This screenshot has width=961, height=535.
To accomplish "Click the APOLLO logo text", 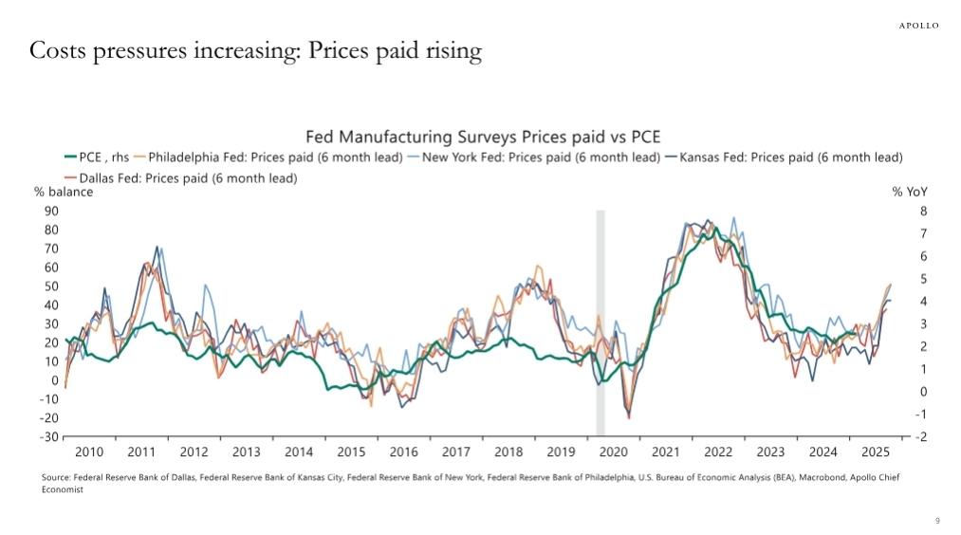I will click(x=918, y=26).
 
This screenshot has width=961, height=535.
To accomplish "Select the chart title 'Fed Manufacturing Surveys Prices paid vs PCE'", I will click(x=483, y=137).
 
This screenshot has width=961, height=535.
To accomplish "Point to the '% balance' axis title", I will click(x=64, y=193).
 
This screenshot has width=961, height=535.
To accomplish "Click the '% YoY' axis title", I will click(x=910, y=193).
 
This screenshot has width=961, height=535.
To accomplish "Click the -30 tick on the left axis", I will click(x=47, y=436).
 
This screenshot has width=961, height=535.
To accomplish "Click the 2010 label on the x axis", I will click(x=89, y=452).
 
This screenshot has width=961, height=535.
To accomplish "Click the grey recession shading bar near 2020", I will click(x=601, y=323).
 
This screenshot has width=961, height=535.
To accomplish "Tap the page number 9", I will click(x=937, y=521).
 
